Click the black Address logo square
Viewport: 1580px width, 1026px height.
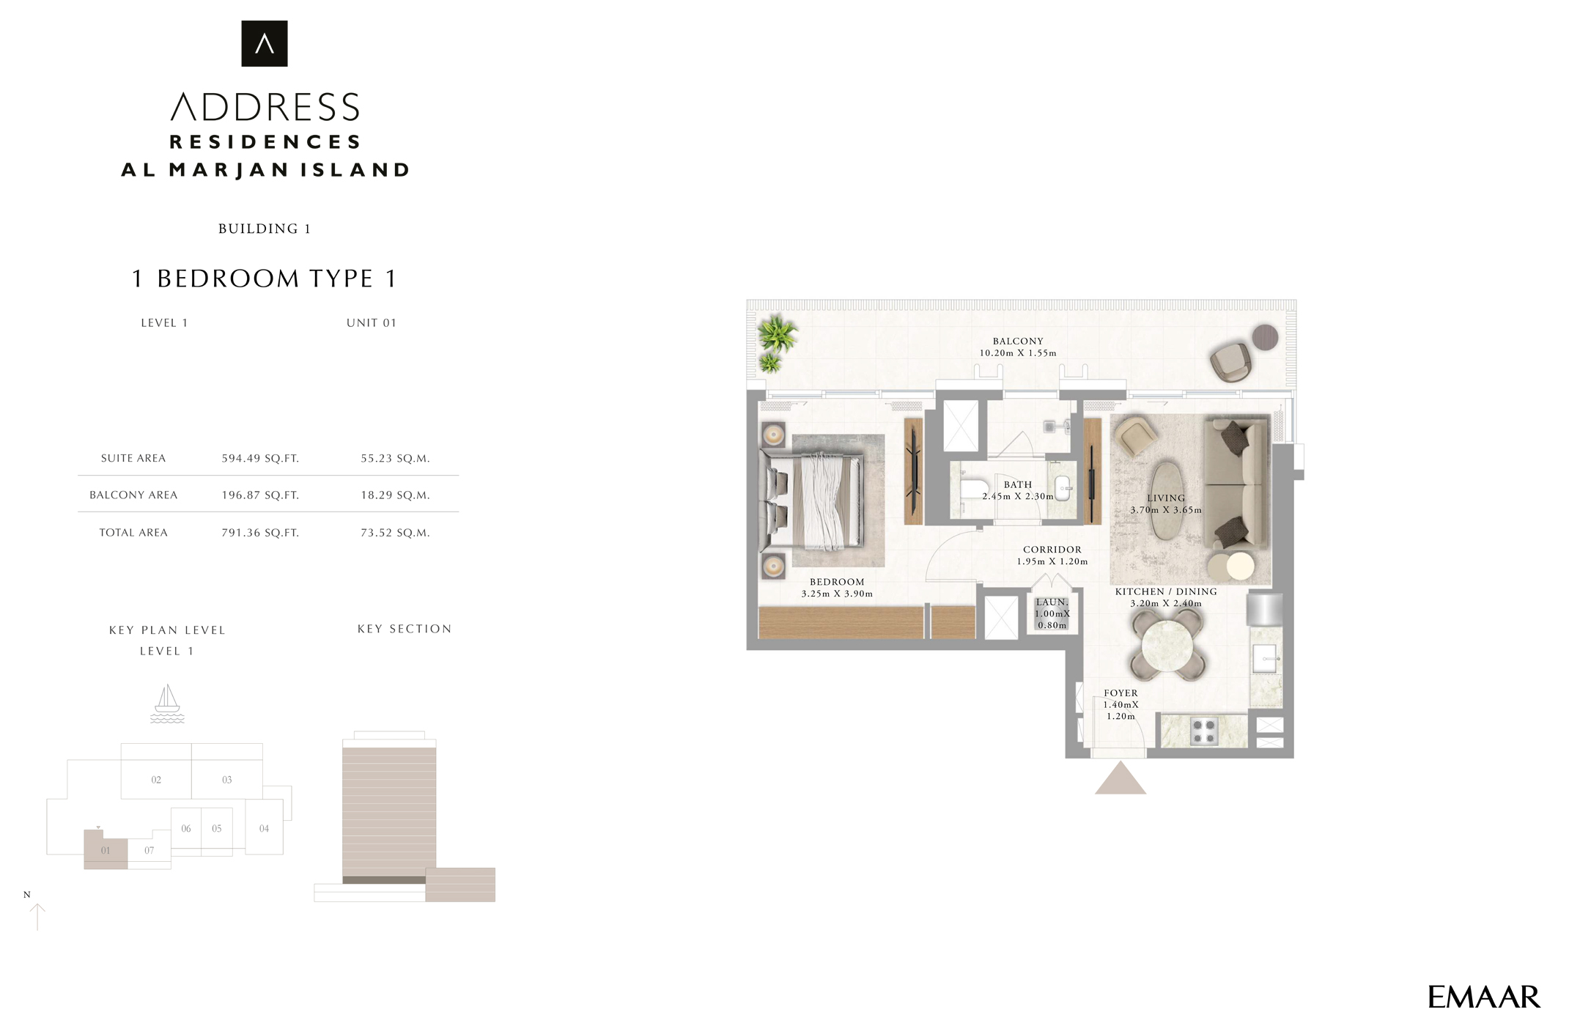[x=264, y=43]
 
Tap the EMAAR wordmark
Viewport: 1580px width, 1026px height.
[x=1484, y=997]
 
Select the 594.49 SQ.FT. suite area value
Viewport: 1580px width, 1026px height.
[x=260, y=459]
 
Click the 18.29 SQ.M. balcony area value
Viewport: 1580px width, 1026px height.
[x=395, y=495]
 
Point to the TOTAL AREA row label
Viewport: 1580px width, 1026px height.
[x=133, y=533]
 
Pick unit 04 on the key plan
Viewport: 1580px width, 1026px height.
[x=264, y=828]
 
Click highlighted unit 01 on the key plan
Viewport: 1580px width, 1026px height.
[x=106, y=851]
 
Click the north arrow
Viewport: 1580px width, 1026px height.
[x=37, y=916]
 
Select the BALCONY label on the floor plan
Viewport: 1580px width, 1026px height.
[x=1018, y=342]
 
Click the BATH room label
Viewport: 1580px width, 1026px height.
[x=1018, y=484]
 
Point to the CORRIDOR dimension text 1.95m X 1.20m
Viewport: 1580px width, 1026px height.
[x=1052, y=562]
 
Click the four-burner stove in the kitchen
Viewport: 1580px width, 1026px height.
[x=1203, y=731]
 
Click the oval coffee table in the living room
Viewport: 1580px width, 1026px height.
[x=1165, y=500]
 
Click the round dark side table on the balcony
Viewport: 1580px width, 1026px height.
[x=1265, y=338]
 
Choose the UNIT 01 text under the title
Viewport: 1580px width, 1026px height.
[x=372, y=323]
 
